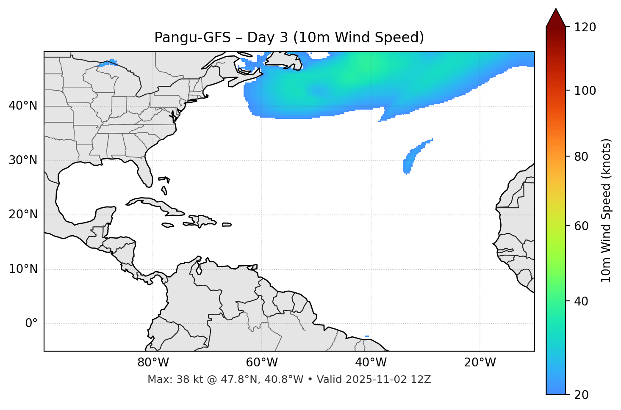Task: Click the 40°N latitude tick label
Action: pos(23,106)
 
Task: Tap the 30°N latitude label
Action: pos(23,160)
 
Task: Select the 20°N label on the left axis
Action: pos(23,215)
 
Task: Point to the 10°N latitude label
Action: pos(23,269)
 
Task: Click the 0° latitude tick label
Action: pos(31,324)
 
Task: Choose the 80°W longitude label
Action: pos(153,363)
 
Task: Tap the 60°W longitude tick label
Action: pos(262,363)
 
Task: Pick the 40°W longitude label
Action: pos(371,363)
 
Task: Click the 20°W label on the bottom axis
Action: pos(480,363)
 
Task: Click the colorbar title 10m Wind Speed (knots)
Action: pos(606,211)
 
